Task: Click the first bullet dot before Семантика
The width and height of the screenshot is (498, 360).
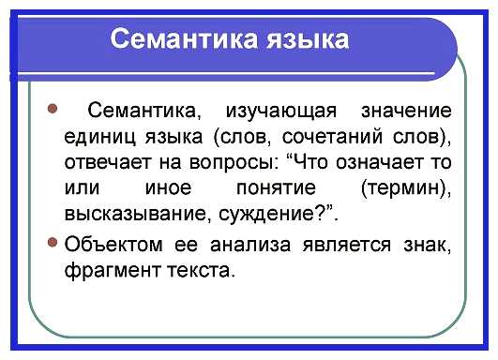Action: tap(52, 110)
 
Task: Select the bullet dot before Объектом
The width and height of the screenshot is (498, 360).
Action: tap(53, 245)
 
